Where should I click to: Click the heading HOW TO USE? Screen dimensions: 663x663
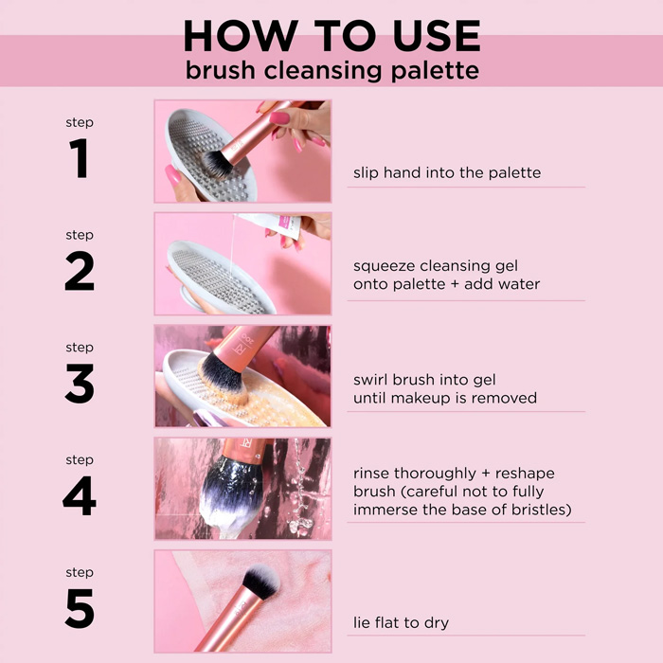tap(331, 35)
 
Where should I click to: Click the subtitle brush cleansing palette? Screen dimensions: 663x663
tap(331, 70)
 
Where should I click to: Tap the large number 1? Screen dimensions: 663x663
tap(80, 158)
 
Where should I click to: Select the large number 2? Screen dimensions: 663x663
tap(80, 271)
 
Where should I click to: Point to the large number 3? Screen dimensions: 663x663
tap(80, 384)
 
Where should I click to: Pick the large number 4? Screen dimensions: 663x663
tap(80, 496)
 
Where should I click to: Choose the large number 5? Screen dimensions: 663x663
tap(80, 609)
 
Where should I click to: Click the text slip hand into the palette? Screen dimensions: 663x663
tap(447, 172)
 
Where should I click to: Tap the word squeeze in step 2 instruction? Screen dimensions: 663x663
tap(383, 267)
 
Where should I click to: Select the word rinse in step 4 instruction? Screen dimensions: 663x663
tap(371, 474)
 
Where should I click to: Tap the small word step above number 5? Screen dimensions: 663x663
tap(80, 572)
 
